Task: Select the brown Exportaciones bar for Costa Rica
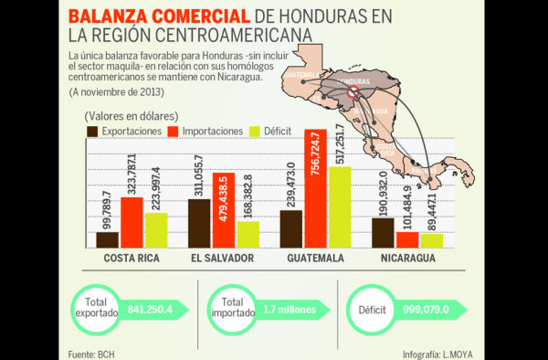tap(108, 239)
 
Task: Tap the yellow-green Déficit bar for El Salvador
tap(248, 234)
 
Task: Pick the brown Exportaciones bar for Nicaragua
tap(384, 232)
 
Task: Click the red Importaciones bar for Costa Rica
tap(132, 222)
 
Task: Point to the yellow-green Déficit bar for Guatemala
tap(340, 206)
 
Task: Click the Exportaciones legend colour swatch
tap(93, 132)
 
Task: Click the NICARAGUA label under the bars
tap(406, 259)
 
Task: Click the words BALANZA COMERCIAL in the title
tap(156, 16)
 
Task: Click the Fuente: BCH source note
tap(92, 351)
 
